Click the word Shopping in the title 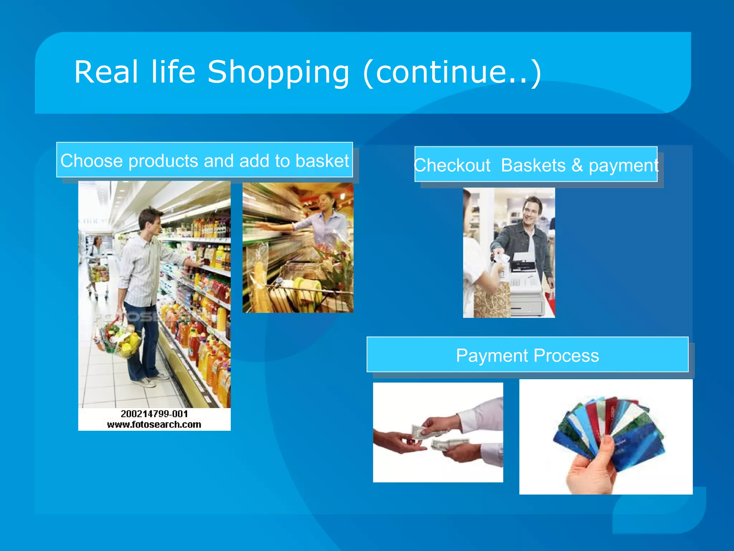coord(278,73)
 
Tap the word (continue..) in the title coord(452,73)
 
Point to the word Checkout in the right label coord(452,166)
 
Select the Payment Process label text coord(527,355)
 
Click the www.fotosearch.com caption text coord(154,424)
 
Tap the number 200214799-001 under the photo coord(154,414)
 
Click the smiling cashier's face coord(530,212)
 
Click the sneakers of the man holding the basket coord(151,380)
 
